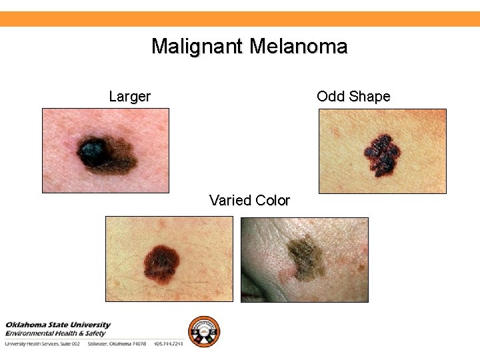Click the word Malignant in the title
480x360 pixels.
(197, 47)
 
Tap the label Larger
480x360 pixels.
(129, 97)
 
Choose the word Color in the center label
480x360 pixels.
(273, 201)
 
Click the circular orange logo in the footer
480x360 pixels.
(203, 331)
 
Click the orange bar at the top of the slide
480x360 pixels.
(240, 19)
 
